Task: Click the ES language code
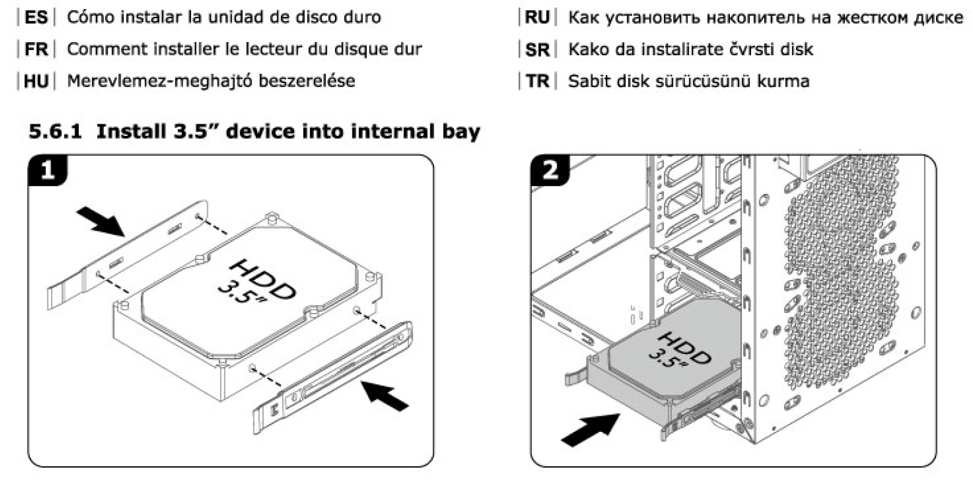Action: [36, 17]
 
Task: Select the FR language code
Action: [36, 49]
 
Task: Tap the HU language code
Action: [36, 81]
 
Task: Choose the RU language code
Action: [537, 17]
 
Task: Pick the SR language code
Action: [537, 49]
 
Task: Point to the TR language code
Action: [537, 81]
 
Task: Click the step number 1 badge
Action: [47, 171]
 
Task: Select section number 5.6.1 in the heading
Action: [55, 132]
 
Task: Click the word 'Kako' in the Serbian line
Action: [589, 49]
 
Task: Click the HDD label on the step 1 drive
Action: [263, 280]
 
